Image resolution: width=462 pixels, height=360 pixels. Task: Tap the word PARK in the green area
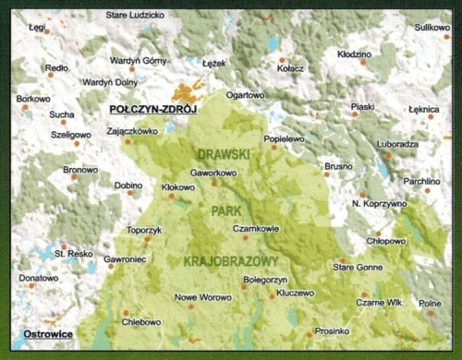(225, 210)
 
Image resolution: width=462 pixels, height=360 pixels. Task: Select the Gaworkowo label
(213, 173)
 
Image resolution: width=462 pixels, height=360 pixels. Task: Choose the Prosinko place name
(331, 330)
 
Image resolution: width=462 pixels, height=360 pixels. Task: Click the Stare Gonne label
(357, 267)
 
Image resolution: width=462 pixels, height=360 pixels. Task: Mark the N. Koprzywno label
(379, 203)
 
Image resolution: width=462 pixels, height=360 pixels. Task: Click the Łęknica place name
(423, 109)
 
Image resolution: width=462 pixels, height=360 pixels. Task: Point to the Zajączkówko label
(132, 131)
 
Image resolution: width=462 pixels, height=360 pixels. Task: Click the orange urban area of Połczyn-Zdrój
(192, 93)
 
